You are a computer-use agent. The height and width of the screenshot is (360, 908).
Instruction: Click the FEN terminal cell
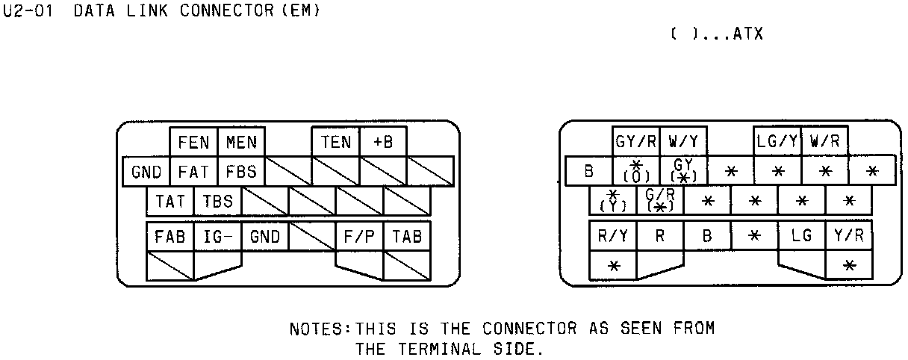point(193,142)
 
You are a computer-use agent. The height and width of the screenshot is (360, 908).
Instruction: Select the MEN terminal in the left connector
point(241,142)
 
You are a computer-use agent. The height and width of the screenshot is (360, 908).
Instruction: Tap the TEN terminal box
point(336,142)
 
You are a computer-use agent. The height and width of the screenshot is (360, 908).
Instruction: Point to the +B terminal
point(383,142)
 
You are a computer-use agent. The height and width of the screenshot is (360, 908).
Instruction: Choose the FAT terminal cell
point(193,172)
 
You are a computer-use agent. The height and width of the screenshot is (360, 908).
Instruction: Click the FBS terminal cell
point(241,172)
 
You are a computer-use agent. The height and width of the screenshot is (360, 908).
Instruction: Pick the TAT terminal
point(170,202)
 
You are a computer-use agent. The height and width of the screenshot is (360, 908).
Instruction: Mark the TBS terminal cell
point(218,202)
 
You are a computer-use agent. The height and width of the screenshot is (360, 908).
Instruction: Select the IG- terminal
point(218,237)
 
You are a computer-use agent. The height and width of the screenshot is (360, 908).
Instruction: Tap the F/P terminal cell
point(359,237)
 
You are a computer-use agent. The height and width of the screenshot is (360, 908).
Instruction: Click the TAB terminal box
point(407,237)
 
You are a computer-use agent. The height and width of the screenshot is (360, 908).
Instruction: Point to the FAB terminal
point(170,237)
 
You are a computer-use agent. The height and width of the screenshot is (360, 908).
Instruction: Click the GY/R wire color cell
point(636,140)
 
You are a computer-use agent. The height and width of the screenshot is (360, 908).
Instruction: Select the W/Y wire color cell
point(683,140)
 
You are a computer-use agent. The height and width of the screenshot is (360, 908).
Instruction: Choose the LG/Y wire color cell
point(777,140)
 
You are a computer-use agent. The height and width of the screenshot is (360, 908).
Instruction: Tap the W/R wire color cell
point(824,140)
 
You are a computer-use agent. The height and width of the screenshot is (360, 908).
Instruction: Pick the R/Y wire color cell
point(613,236)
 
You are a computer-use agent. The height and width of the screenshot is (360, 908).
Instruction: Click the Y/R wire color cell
point(849,236)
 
